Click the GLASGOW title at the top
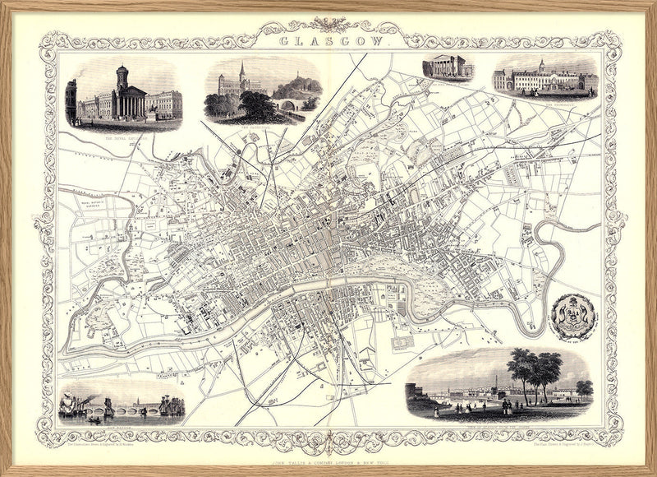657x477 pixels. click(329, 39)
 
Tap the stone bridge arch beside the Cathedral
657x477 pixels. click(289, 105)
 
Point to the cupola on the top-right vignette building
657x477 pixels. click(541, 66)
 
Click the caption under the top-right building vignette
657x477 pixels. click(545, 103)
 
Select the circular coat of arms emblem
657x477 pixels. click(572, 315)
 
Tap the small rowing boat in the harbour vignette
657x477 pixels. click(94, 420)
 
